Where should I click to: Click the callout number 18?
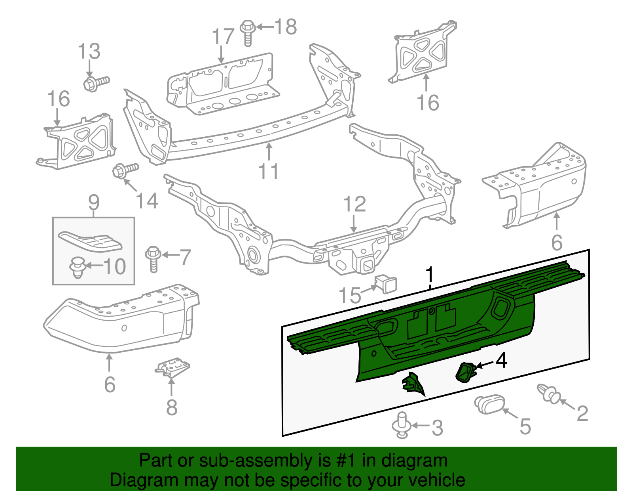click(x=286, y=27)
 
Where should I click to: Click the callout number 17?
click(x=224, y=37)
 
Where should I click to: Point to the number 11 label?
click(x=268, y=172)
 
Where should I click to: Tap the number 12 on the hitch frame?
click(x=354, y=204)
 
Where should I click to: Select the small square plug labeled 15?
click(x=385, y=283)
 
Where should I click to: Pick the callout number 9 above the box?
click(x=94, y=203)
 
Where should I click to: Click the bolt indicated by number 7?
click(x=154, y=258)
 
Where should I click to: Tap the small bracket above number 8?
click(x=173, y=367)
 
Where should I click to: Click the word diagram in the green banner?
click(x=414, y=461)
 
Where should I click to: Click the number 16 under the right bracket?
click(x=428, y=103)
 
